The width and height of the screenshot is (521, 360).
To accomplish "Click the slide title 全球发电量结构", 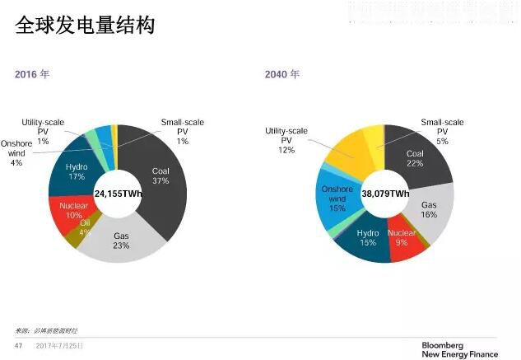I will (86, 26).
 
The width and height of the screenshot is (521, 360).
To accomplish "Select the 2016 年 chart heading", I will (32, 74).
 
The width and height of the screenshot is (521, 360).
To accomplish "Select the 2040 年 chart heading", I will (282, 74).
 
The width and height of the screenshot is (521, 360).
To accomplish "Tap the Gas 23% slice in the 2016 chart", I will (121, 241).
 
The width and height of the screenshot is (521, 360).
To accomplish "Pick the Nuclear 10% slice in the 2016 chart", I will (67, 210).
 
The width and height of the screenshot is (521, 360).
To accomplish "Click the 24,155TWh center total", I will (119, 194).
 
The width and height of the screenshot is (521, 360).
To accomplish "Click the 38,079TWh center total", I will (385, 194).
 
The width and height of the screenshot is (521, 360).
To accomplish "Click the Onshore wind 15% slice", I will (336, 201).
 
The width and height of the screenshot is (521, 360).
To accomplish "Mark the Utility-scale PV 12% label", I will (286, 140).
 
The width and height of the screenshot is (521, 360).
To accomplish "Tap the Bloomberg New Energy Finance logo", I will (459, 349).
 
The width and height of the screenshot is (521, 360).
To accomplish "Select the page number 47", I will (19, 346).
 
